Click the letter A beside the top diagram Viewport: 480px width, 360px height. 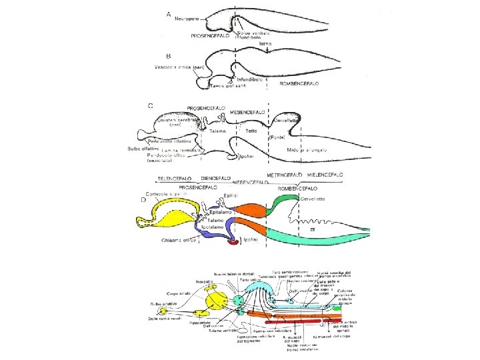coord(168,13)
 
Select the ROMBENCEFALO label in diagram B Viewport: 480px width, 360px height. coord(300,84)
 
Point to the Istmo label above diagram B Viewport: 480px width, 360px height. coord(265,43)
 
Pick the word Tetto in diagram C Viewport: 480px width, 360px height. coord(251,131)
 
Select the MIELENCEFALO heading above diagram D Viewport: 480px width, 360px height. coord(325,174)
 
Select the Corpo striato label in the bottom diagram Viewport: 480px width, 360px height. coord(175,293)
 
